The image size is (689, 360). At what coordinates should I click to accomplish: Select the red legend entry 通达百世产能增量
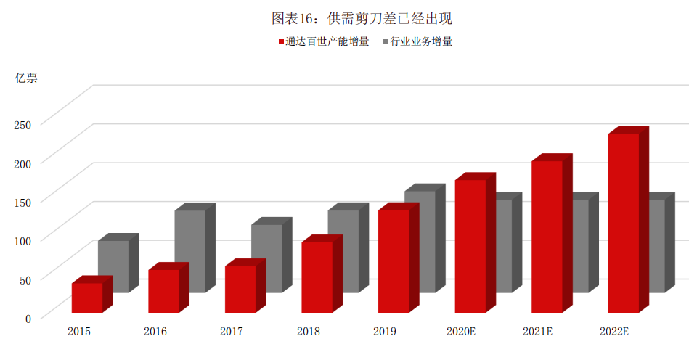[x=323, y=41]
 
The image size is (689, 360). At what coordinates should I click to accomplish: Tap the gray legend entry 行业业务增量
[x=421, y=41]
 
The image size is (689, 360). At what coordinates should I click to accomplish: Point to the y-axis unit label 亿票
[x=26, y=78]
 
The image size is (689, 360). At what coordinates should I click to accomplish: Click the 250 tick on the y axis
[x=23, y=124]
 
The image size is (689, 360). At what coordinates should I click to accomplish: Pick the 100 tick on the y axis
[x=23, y=240]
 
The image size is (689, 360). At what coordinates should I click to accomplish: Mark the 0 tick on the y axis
[x=28, y=318]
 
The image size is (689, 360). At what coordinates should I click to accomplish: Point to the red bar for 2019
[x=393, y=261]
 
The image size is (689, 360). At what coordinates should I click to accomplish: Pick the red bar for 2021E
[x=546, y=236]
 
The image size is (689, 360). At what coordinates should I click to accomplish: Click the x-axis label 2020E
[x=461, y=332]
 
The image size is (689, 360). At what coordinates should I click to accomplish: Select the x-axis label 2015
[x=79, y=332]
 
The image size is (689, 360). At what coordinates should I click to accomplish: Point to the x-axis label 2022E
[x=614, y=332]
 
